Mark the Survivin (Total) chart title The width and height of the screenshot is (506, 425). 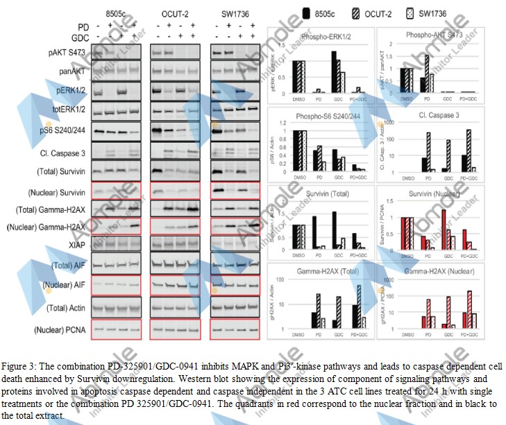coord(319,195)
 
